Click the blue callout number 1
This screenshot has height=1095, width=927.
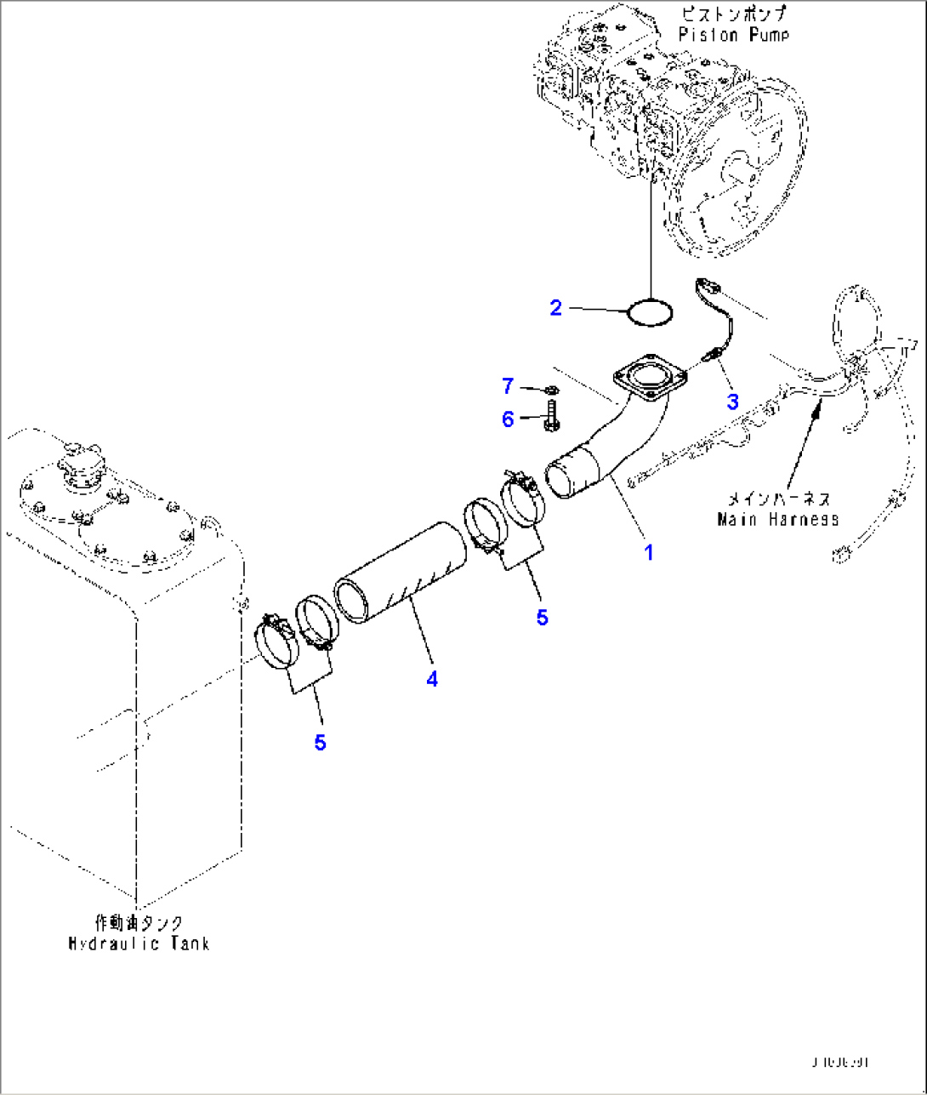pos(649,552)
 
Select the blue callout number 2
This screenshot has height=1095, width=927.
pos(556,308)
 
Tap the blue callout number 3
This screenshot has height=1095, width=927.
pos(732,401)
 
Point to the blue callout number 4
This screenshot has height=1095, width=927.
pos(432,679)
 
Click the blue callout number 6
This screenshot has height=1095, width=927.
pos(508,419)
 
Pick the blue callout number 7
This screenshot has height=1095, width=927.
pos(508,387)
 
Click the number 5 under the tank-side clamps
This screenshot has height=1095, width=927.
pos(320,743)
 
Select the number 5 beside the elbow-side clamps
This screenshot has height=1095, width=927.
pos(543,617)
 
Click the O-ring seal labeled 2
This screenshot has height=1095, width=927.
pos(651,312)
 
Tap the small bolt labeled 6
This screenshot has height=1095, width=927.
pos(549,417)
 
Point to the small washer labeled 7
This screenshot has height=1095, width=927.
pos(550,390)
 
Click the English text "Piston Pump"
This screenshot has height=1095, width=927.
pos(734,35)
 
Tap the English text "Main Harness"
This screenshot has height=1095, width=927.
pos(777,518)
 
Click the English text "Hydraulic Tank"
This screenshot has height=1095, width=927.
pos(139,943)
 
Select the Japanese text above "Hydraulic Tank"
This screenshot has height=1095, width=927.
pos(139,923)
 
